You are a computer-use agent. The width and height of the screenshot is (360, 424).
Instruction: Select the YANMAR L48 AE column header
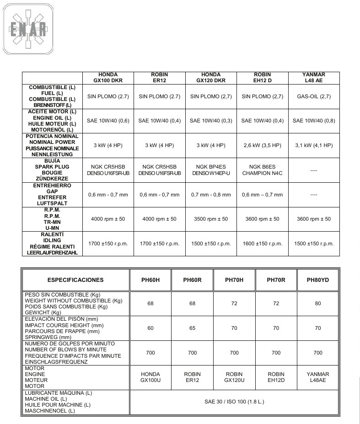[313, 78]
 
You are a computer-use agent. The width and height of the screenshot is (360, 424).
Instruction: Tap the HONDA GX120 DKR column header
[211, 78]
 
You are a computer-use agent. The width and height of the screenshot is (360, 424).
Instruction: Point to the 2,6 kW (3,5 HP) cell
[262, 145]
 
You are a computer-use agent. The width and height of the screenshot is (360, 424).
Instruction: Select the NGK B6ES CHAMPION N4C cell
[262, 170]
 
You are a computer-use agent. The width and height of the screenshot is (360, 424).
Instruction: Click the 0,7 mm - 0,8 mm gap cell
[211, 195]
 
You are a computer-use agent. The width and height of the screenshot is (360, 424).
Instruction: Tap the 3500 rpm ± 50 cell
[211, 219]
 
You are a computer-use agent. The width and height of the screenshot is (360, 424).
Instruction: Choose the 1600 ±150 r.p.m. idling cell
[262, 244]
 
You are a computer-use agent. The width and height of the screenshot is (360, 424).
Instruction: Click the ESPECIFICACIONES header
[75, 280]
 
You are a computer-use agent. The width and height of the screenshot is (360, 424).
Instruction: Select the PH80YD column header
[318, 280]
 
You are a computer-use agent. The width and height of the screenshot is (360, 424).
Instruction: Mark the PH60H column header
[150, 280]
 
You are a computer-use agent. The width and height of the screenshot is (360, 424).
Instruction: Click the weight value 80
[318, 304]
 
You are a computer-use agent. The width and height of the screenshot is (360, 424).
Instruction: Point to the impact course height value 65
[192, 328]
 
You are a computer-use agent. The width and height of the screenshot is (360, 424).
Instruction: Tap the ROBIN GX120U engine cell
[234, 377]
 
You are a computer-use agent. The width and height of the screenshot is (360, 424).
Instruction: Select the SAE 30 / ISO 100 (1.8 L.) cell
[234, 402]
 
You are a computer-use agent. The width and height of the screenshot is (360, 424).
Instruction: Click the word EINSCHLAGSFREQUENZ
[56, 362]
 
